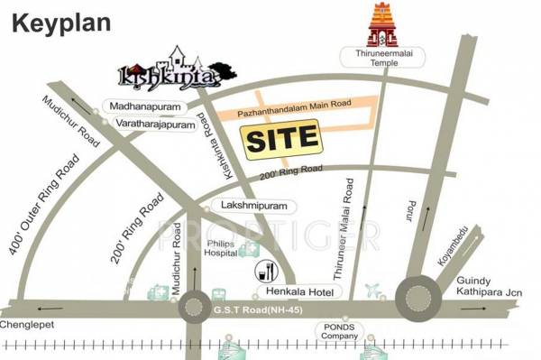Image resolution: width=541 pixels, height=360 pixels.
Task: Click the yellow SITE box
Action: coord(282,139)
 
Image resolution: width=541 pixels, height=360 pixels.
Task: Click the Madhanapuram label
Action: coord(145,106)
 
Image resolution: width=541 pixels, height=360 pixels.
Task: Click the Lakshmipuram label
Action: coord(245,205)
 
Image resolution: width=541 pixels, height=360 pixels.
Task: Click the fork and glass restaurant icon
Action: coord(268,270)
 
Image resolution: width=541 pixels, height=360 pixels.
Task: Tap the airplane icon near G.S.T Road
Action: coord(372,291)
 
